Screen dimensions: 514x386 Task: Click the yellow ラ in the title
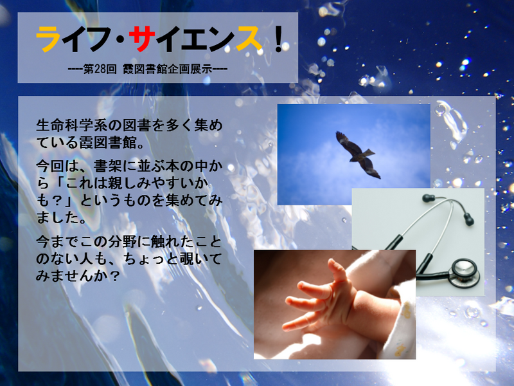(x=48, y=39)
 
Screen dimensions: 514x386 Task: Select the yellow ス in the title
(x=249, y=39)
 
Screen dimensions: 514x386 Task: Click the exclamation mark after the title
(x=279, y=39)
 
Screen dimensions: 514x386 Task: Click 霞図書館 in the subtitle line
(x=145, y=69)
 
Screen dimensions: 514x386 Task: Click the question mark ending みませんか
(x=114, y=276)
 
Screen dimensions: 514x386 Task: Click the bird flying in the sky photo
(x=358, y=155)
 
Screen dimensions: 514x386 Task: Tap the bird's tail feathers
(x=368, y=153)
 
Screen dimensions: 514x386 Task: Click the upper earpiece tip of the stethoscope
(x=428, y=198)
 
